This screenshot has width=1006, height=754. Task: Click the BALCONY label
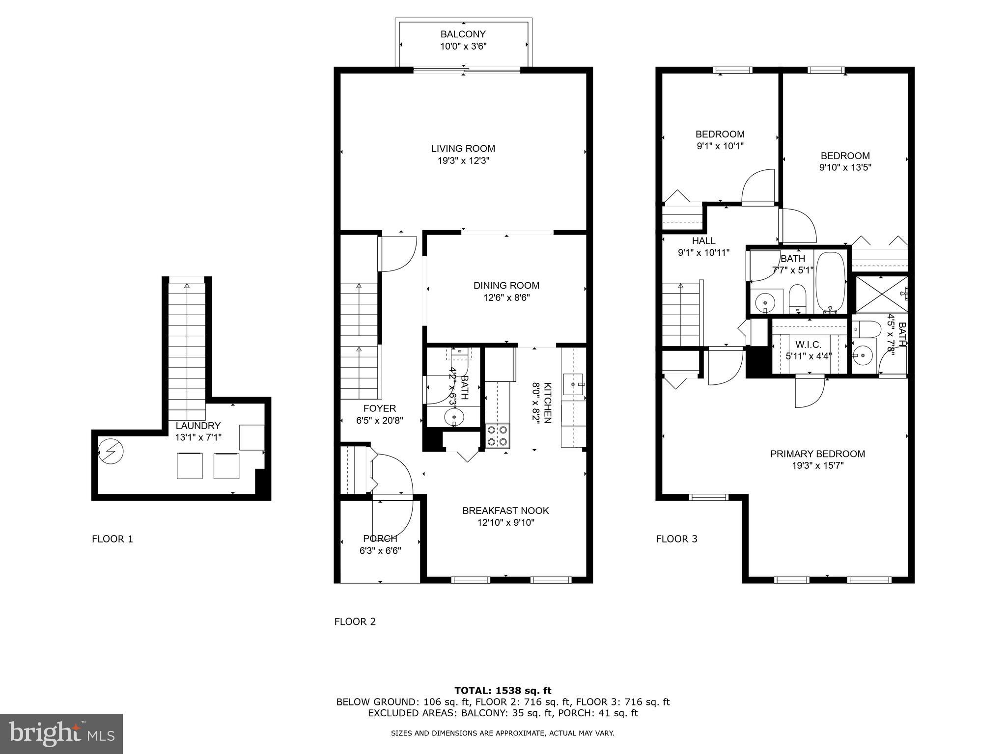click(463, 34)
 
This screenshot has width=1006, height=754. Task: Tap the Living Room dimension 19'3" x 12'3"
click(463, 161)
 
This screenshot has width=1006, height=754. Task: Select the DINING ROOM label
click(506, 285)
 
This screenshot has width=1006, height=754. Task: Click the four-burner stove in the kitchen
click(497, 436)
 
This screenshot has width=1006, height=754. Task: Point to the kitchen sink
click(573, 384)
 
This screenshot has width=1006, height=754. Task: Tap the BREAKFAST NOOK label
click(505, 511)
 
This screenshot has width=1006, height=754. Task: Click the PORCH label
click(380, 539)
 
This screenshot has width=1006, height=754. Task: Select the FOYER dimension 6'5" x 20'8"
click(380, 421)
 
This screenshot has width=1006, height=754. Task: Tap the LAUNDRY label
click(198, 426)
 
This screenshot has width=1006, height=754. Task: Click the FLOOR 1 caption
click(112, 539)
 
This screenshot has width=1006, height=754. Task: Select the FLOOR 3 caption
click(676, 539)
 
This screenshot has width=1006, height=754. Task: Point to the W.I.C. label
click(808, 345)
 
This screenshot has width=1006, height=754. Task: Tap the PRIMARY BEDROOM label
click(817, 454)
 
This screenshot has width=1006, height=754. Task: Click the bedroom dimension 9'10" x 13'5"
click(845, 167)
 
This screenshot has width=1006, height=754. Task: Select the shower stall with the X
click(881, 294)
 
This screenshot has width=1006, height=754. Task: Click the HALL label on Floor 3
click(703, 241)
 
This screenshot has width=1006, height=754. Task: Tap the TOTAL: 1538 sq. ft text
click(503, 691)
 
